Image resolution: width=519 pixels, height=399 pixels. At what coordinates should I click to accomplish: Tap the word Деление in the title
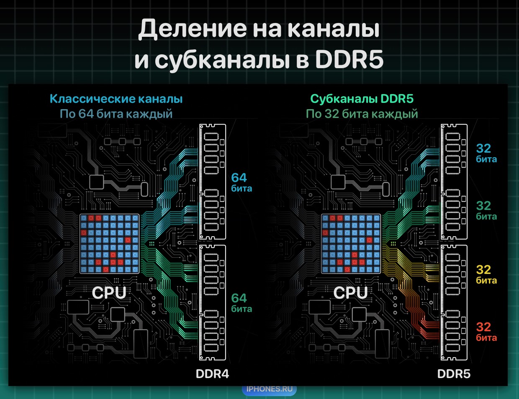click(193, 28)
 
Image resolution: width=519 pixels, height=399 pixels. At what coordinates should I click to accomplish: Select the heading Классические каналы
click(116, 99)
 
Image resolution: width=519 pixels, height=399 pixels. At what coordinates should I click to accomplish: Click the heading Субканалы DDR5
click(362, 99)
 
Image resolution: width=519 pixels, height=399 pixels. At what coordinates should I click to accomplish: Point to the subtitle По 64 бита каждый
click(116, 114)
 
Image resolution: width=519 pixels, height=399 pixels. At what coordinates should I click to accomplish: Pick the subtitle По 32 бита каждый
click(362, 114)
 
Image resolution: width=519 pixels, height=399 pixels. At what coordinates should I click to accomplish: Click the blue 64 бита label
click(241, 182)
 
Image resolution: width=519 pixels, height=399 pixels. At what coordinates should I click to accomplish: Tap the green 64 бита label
click(241, 303)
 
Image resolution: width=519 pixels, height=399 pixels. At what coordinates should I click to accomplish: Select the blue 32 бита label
click(486, 153)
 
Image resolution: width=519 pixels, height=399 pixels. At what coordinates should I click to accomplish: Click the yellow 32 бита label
click(486, 274)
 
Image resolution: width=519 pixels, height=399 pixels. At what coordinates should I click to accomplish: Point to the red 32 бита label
click(486, 332)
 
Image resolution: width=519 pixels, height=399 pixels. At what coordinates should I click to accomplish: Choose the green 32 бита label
click(486, 210)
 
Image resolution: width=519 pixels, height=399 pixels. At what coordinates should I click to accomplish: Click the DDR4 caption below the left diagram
click(212, 374)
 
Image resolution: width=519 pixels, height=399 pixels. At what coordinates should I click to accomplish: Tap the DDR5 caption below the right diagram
click(454, 374)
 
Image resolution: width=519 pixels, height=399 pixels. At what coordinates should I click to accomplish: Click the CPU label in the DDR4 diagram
click(109, 292)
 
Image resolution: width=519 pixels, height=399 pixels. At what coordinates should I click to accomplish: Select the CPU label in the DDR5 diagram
click(350, 292)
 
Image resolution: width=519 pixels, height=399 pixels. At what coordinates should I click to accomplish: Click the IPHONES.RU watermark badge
click(269, 389)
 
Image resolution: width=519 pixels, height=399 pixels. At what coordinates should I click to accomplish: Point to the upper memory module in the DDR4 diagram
click(213, 182)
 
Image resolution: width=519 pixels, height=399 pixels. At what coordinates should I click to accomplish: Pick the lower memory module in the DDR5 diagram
click(454, 302)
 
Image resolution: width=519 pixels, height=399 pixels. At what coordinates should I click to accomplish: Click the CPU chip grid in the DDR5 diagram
click(351, 244)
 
